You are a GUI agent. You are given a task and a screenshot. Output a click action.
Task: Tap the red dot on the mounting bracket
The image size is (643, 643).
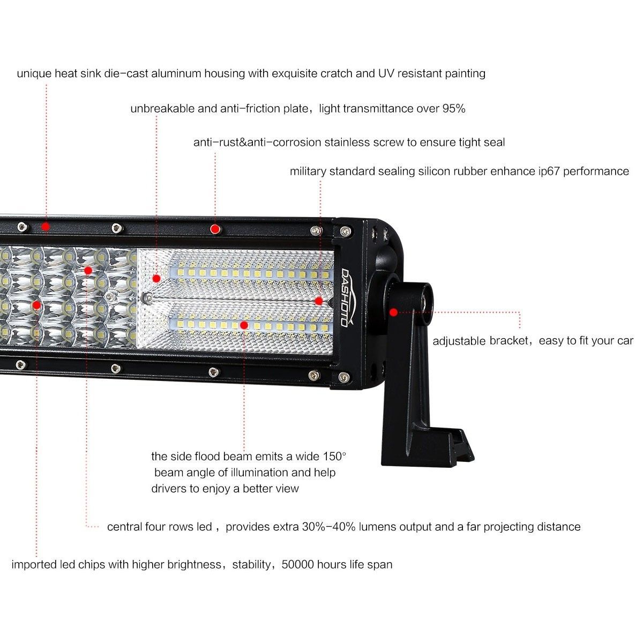(394, 312)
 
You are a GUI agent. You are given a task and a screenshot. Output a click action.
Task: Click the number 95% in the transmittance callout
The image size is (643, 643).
(453, 108)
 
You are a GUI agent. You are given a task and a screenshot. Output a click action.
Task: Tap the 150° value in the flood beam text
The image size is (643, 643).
(334, 456)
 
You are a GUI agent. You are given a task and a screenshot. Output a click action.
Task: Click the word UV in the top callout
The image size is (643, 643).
(386, 73)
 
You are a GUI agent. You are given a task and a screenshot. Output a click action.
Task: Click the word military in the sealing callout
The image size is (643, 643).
(308, 171)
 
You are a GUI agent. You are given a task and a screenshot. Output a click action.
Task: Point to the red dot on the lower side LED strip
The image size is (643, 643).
(244, 325)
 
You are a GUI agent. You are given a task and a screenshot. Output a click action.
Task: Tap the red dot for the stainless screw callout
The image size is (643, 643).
(215, 229)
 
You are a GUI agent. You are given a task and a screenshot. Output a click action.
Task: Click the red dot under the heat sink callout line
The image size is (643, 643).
(46, 227)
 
